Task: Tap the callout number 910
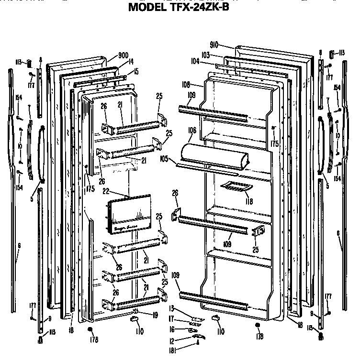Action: point(214,45)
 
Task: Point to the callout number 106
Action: point(191,129)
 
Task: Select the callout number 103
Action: point(205,55)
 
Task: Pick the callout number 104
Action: point(195,62)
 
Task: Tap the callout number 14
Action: point(131,61)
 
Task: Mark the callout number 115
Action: point(52,332)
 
